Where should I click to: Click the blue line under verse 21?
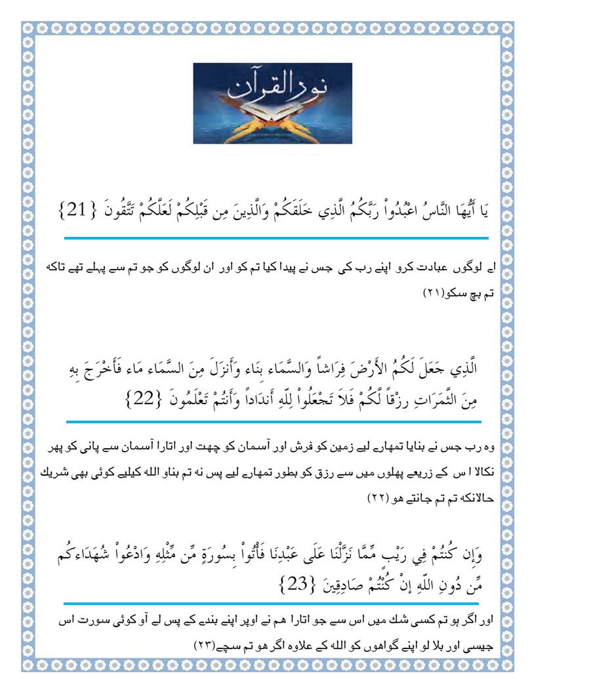click(x=275, y=238)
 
